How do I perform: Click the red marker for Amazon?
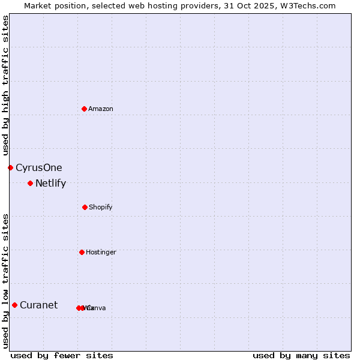pyautogui.click(x=84, y=109)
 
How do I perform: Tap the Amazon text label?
pyautogui.click(x=101, y=109)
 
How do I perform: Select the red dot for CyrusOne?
pyautogui.click(x=10, y=167)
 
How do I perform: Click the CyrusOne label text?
pyautogui.click(x=39, y=168)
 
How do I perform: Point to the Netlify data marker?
pyautogui.click(x=30, y=183)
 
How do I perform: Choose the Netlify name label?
pyautogui.click(x=50, y=184)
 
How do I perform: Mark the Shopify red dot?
pyautogui.click(x=85, y=207)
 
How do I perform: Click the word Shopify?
pyautogui.click(x=101, y=208)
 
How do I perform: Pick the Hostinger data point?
pyautogui.click(x=82, y=252)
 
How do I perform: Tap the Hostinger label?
pyautogui.click(x=101, y=253)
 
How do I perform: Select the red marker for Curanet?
pyautogui.click(x=14, y=305)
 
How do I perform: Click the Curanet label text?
pyautogui.click(x=38, y=305)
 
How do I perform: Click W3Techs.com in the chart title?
pyautogui.click(x=310, y=5)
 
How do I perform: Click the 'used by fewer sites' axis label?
pyautogui.click(x=62, y=356)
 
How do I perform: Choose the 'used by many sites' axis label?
pyautogui.click(x=301, y=356)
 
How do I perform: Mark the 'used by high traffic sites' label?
pyautogui.click(x=5, y=86)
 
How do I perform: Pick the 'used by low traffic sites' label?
pyautogui.click(x=5, y=281)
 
